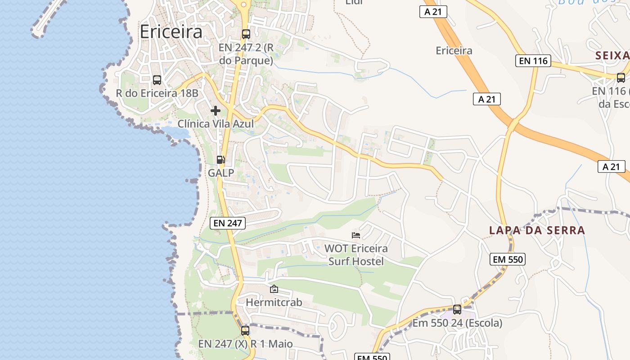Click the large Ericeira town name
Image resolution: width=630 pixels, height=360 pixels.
pyautogui.click(x=171, y=32)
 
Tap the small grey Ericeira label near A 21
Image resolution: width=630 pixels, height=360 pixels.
pyautogui.click(x=454, y=50)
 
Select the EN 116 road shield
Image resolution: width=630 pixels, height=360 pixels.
pyautogui.click(x=533, y=60)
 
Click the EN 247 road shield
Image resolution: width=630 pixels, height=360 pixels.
pyautogui.click(x=228, y=223)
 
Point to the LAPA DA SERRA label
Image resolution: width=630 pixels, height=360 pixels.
pyautogui.click(x=537, y=230)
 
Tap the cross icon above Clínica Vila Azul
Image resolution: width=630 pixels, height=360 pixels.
pyautogui.click(x=216, y=110)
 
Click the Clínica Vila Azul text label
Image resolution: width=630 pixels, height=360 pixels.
pyautogui.click(x=216, y=124)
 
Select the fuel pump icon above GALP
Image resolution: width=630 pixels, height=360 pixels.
pyautogui.click(x=221, y=160)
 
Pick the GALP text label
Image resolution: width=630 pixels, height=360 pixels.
pyautogui.click(x=221, y=173)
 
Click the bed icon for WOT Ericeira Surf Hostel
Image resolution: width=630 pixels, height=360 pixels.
pyautogui.click(x=356, y=235)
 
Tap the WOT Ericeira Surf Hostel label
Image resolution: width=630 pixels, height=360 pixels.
pyautogui.click(x=356, y=254)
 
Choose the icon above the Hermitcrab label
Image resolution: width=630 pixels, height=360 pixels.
pyautogui.click(x=274, y=289)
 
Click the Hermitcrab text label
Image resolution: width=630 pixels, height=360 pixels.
pyautogui.click(x=274, y=302)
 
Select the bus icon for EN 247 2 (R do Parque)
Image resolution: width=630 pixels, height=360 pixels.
pyautogui.click(x=246, y=34)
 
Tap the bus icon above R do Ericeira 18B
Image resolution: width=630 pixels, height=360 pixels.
pyautogui.click(x=157, y=80)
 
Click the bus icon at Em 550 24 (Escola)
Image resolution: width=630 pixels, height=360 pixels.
pyautogui.click(x=457, y=310)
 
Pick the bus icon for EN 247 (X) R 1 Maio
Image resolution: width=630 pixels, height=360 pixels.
pyautogui.click(x=245, y=331)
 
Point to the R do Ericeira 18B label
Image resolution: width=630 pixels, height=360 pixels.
pyautogui.click(x=157, y=93)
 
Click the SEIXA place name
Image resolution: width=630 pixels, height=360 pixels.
pyautogui.click(x=612, y=56)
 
